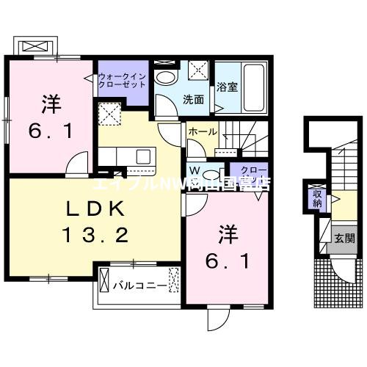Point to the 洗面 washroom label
(x=193, y=99)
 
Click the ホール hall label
(x=202, y=131)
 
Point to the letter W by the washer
(x=193, y=170)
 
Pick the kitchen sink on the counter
(x=142, y=156)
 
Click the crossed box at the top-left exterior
(x=34, y=46)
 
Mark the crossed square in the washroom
(x=199, y=71)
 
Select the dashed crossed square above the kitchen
(x=110, y=113)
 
